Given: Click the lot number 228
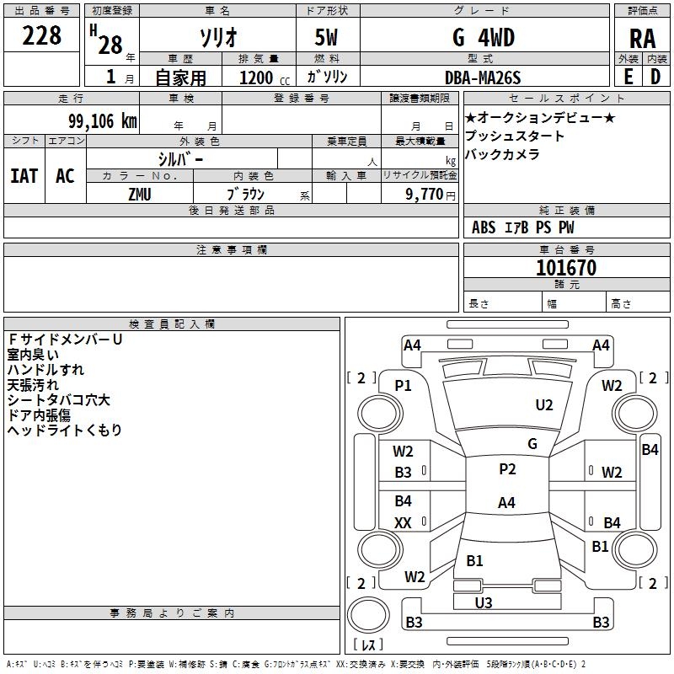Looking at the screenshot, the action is tap(41, 35).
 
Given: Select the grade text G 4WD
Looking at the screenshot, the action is tap(484, 37).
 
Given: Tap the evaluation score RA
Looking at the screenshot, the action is tap(643, 39).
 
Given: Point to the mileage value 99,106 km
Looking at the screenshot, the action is tap(103, 121).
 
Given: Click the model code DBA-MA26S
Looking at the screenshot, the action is tap(483, 78).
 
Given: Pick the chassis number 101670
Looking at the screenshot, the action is tap(566, 267).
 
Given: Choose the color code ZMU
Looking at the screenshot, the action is tap(140, 195).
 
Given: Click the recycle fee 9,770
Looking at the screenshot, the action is tap(425, 194).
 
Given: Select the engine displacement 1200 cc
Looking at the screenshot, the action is tap(265, 78).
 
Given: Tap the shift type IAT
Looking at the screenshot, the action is tap(24, 176).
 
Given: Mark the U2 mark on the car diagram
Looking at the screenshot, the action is tap(544, 405).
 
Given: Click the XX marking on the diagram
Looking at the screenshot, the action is tap(403, 522).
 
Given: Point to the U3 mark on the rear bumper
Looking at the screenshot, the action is tap(484, 603).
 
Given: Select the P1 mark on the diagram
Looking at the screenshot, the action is tap(403, 386).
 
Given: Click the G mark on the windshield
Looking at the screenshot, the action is tap(532, 444).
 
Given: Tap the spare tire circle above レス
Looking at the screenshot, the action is tap(368, 615).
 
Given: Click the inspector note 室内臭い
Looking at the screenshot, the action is tap(33, 355).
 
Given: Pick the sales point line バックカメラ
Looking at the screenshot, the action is tap(502, 154).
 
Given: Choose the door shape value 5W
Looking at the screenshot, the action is tap(326, 37).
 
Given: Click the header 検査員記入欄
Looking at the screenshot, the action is tap(172, 324).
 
